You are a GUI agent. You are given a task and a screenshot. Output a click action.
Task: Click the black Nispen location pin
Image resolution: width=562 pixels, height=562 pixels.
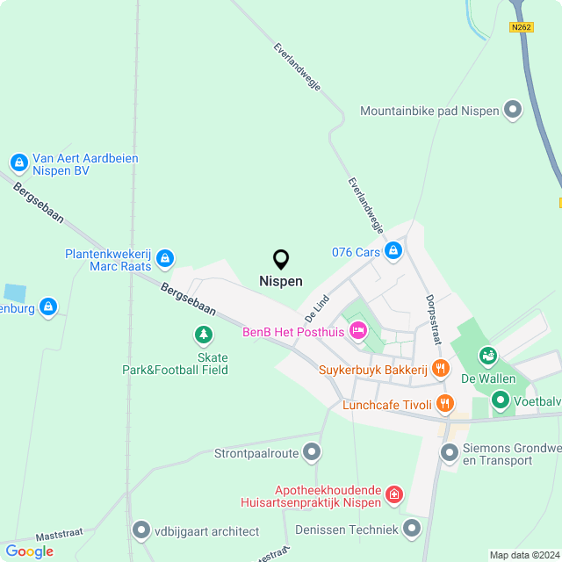tap(281, 260)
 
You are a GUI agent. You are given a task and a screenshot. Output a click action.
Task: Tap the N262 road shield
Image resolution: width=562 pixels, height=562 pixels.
tap(521, 27)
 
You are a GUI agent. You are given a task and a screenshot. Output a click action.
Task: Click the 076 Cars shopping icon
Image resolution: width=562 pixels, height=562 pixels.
tap(393, 252)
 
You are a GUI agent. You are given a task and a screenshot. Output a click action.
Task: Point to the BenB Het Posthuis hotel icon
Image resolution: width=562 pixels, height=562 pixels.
tap(357, 331)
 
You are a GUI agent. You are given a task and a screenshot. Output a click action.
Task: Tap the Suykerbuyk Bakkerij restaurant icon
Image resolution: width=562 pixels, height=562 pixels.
tap(441, 370)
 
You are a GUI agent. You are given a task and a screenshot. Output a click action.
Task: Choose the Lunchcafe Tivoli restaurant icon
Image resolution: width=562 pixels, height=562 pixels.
tap(446, 403)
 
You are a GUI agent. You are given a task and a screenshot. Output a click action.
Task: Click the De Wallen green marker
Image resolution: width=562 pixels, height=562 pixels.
tap(487, 356)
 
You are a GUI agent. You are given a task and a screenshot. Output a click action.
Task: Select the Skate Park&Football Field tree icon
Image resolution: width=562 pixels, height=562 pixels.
tap(204, 335)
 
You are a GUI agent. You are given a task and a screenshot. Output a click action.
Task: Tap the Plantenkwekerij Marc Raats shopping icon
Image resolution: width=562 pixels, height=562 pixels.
tap(165, 259)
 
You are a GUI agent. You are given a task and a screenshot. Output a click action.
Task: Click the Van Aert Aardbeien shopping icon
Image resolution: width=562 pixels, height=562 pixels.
tap(18, 162)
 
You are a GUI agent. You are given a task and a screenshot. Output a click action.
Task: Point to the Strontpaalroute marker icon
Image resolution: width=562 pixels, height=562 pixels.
tap(313, 453)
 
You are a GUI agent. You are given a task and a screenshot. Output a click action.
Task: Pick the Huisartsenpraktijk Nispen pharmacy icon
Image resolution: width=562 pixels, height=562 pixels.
tap(394, 496)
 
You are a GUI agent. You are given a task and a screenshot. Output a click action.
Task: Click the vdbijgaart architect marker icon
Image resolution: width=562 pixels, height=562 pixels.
tap(141, 530)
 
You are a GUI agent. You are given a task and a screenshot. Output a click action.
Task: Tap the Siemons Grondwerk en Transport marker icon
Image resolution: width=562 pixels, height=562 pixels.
tap(450, 453)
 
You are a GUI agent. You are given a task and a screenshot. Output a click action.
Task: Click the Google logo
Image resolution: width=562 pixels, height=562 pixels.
tap(29, 551)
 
